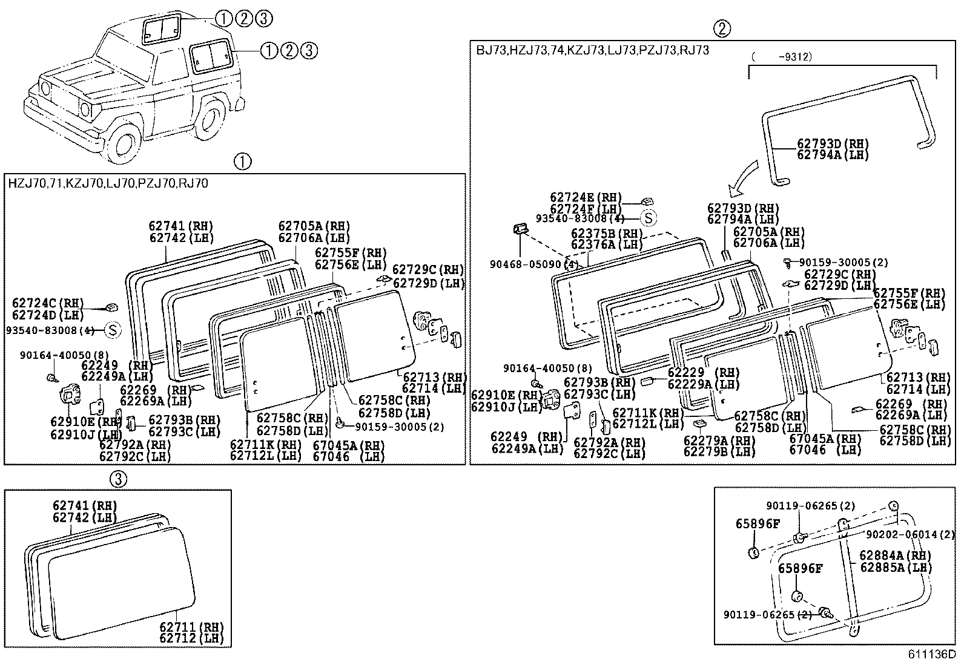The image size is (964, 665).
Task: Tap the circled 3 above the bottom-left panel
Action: coord(118,479)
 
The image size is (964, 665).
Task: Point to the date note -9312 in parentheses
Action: coord(781,56)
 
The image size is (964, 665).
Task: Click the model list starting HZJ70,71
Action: coord(108,183)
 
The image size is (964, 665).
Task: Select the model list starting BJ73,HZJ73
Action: coord(592,50)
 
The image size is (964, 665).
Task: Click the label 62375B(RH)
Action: coord(606,233)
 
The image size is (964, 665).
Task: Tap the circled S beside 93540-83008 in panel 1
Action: coord(113,330)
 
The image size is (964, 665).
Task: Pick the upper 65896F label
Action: coord(758,523)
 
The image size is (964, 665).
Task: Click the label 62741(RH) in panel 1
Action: coord(181,226)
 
